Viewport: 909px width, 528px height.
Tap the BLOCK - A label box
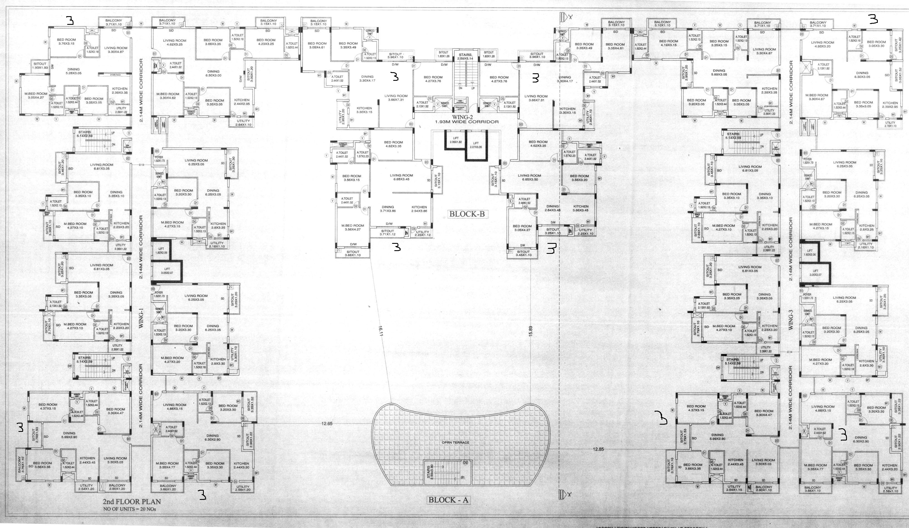tap(448, 500)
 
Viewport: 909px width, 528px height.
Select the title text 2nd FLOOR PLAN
tap(132, 502)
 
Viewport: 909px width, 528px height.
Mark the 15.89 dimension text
tap(530, 331)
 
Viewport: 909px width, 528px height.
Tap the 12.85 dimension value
tap(598, 449)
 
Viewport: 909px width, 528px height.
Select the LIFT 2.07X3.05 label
tap(476, 145)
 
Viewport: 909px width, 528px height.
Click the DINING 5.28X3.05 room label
tap(73, 71)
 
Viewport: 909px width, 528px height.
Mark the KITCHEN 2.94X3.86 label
tap(419, 209)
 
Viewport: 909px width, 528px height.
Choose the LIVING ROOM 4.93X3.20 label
tap(822, 44)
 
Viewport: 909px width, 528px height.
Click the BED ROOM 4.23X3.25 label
tap(266, 42)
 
